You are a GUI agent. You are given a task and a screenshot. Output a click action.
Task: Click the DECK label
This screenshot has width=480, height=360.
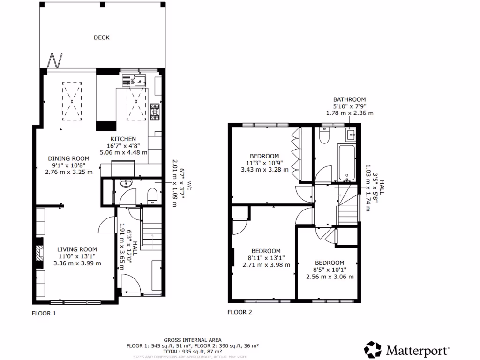pos(101,37)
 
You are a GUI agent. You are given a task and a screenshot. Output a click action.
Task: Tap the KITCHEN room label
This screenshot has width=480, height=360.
pos(123,139)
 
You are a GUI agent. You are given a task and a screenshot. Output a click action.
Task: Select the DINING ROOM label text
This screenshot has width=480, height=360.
pos(69,158)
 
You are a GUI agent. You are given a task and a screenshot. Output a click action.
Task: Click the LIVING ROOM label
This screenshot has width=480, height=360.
pos(77,249)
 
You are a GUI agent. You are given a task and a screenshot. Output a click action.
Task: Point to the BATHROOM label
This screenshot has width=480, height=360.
pos(349,99)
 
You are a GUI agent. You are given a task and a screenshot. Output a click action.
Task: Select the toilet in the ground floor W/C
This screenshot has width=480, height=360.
pos(152,195)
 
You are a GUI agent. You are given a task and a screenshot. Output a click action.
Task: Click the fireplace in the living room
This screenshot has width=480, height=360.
pos(38,254)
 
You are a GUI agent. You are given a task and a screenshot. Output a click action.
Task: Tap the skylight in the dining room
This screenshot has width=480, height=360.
pos(72,101)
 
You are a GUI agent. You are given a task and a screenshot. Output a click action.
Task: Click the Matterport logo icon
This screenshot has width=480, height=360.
pos(373,350)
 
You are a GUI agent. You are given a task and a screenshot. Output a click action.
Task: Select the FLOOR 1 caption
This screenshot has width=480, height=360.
pos(44,314)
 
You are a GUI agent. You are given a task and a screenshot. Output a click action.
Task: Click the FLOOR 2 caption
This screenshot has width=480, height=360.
pos(240,312)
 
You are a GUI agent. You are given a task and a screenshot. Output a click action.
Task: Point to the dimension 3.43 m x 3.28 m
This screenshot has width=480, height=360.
pos(264,170)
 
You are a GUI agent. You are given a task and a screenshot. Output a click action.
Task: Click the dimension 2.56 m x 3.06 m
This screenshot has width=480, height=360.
pos(330,277)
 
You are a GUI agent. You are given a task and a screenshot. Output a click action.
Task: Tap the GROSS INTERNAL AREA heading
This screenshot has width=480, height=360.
pos(193,340)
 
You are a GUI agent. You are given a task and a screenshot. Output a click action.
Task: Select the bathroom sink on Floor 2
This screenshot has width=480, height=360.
pos(351,135)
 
